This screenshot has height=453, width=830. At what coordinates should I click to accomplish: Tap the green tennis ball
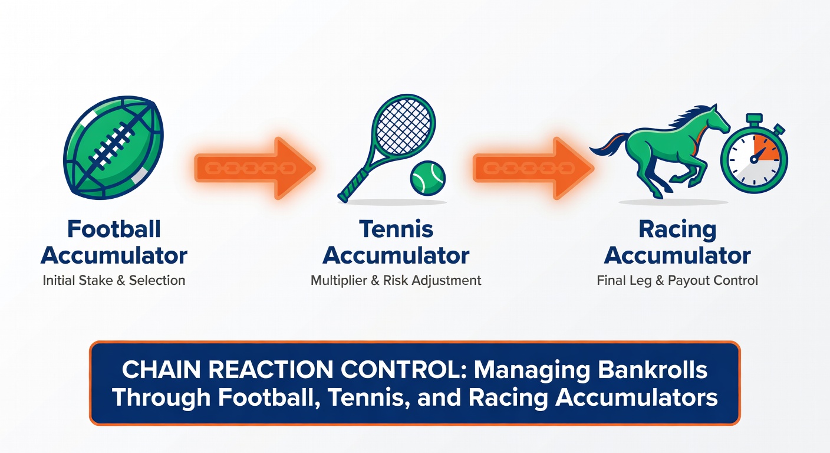point(427,178)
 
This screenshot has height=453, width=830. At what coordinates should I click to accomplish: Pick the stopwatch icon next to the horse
point(753,159)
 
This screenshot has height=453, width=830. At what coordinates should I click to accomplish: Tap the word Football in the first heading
point(114,229)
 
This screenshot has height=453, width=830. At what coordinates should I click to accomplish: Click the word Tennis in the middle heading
point(396,229)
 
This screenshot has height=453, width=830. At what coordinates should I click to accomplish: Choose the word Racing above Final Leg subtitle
point(677,229)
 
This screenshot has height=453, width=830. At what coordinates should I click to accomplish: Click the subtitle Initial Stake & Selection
point(114,281)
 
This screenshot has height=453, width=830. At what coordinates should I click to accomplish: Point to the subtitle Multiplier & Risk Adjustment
point(396,281)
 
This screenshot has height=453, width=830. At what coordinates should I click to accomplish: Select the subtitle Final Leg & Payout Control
point(677,281)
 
